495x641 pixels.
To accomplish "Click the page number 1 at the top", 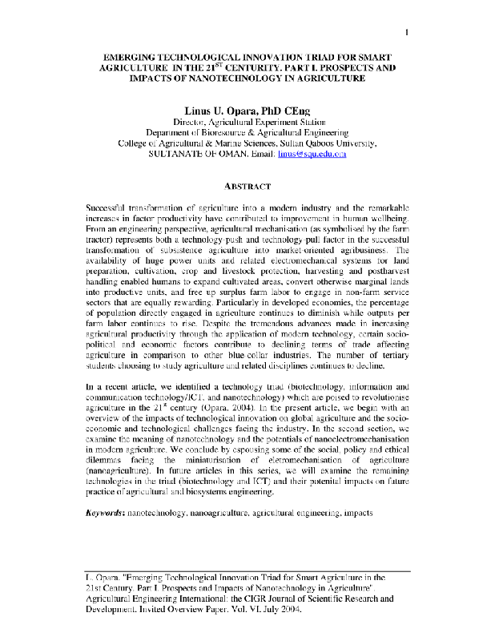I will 408,32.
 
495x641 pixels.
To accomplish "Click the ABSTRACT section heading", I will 247,186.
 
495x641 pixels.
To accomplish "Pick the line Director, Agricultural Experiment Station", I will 247,121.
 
